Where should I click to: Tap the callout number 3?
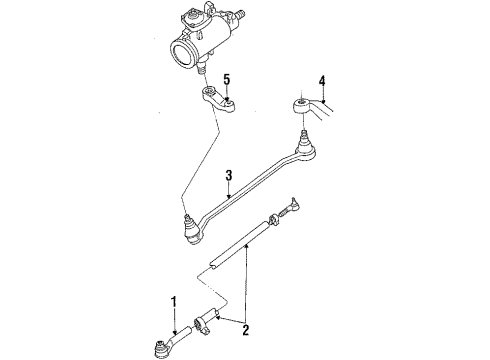229,176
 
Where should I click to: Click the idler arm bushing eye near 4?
301,103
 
